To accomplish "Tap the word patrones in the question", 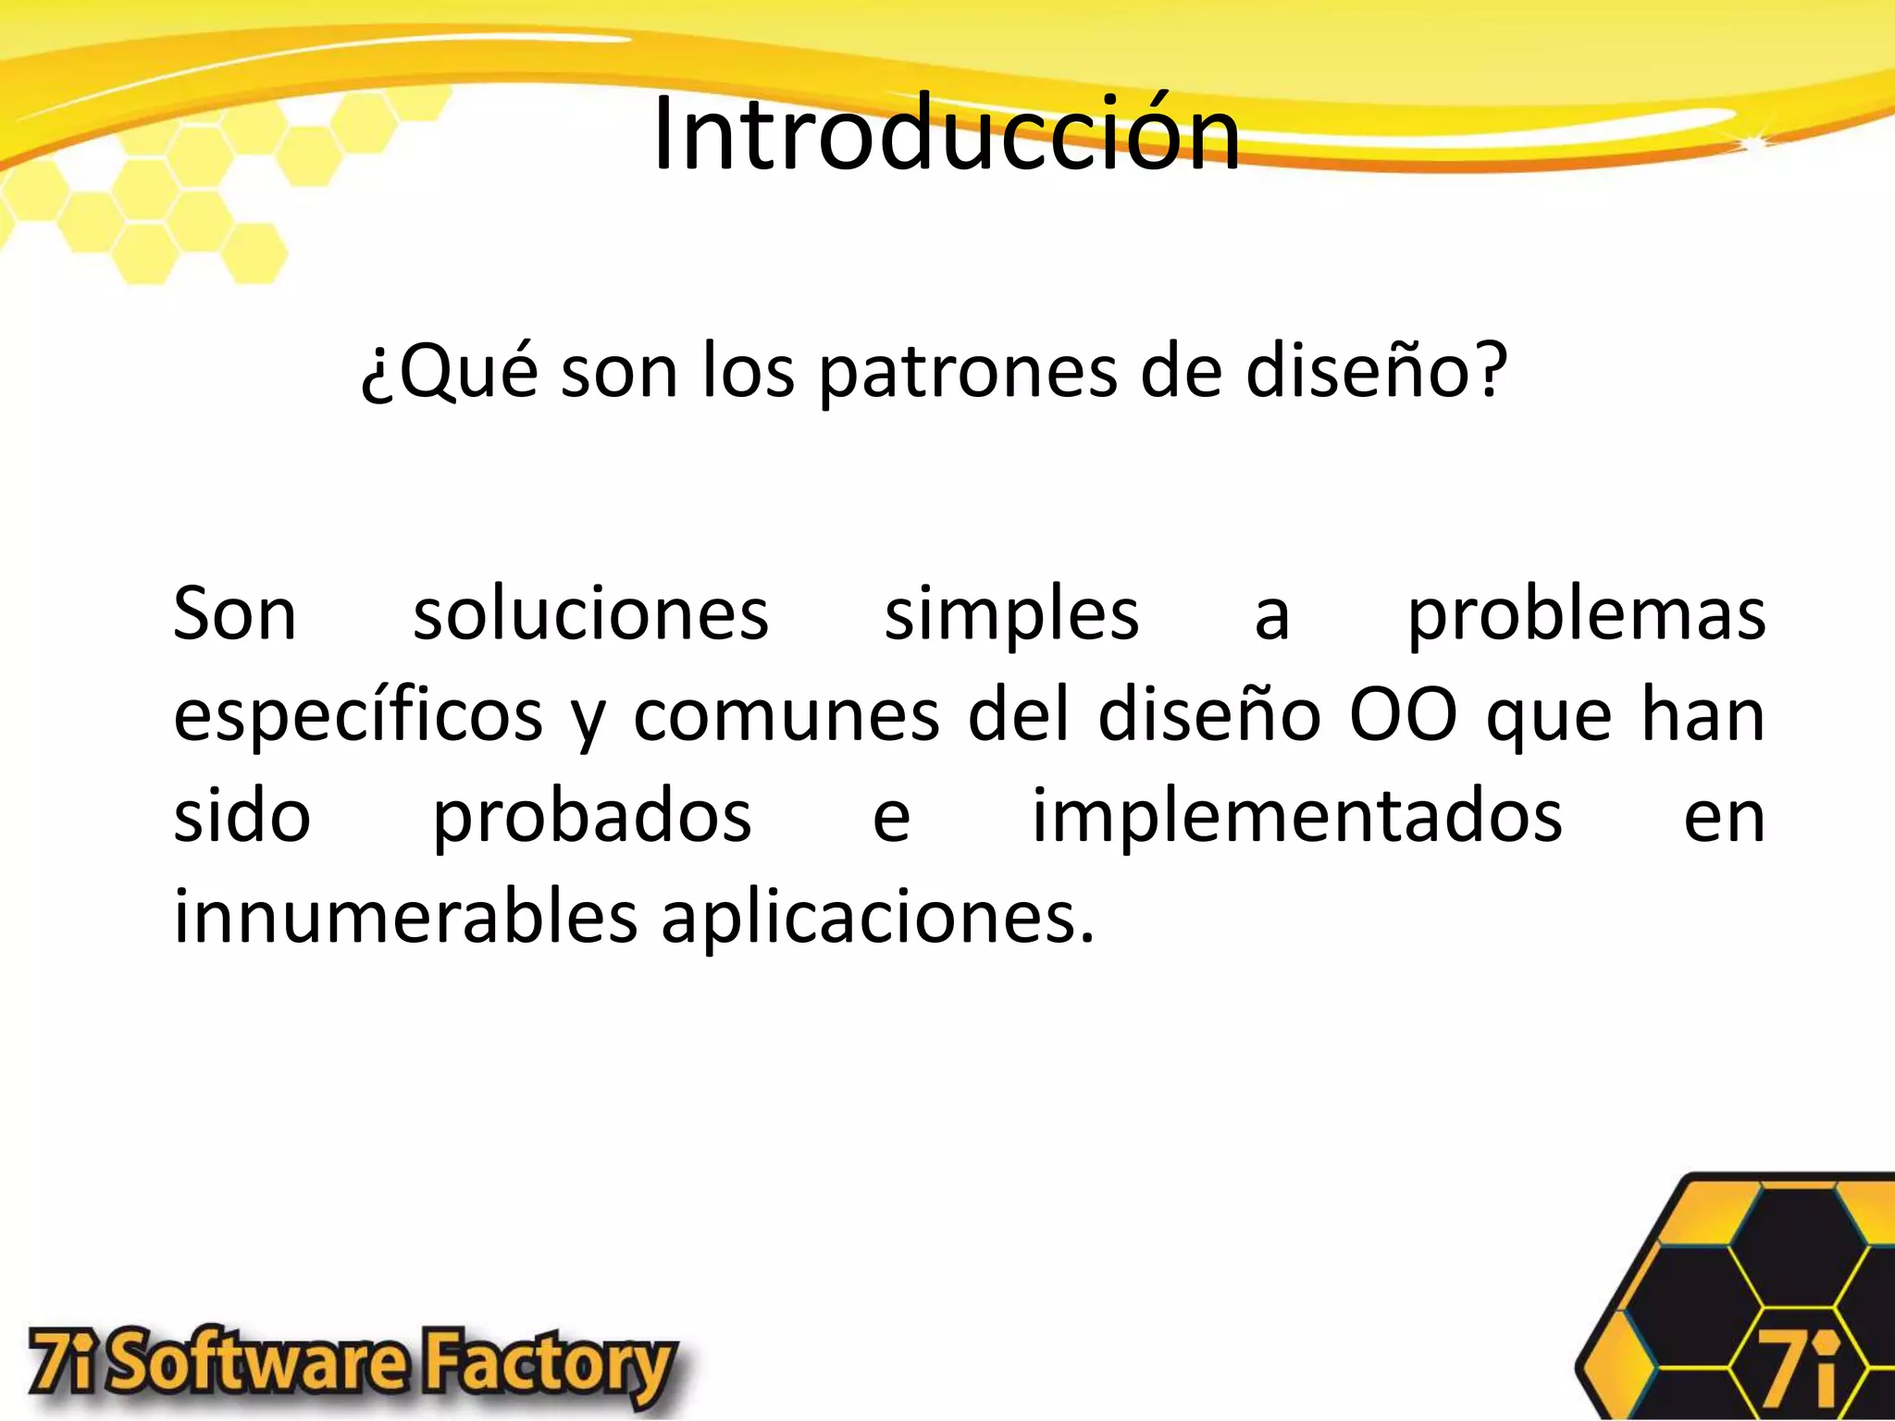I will (968, 372).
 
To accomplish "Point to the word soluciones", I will (590, 615).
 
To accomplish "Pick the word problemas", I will (1586, 615).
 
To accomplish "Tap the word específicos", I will (358, 717).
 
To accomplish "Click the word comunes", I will (786, 717).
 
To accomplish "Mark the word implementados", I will (1297, 818).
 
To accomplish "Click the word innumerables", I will (405, 918).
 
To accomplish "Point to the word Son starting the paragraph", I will (235, 615).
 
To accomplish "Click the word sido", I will (242, 818).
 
